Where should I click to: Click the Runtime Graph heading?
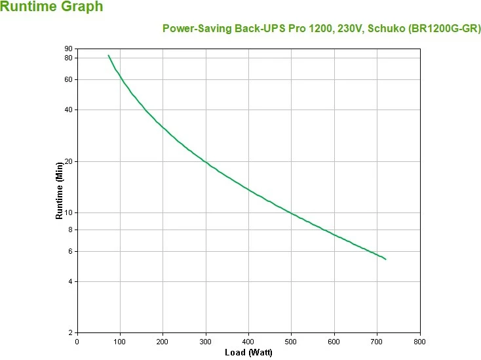coord(52,7)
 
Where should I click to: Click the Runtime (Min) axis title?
coord(59,191)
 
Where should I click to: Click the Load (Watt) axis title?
coord(248,353)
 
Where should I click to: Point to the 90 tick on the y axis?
coord(68,49)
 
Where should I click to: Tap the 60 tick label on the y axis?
coord(68,79)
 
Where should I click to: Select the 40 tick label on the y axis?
coord(68,110)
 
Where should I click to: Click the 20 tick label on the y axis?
coord(68,161)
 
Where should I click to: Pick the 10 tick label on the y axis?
coord(68,212)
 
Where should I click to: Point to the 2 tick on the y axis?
coord(70,332)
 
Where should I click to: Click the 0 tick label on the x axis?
coord(77,341)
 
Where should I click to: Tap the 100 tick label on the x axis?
coord(120,341)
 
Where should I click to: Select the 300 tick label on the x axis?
coord(206,341)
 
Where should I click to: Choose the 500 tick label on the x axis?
coord(292,341)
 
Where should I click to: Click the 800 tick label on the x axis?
coord(420,341)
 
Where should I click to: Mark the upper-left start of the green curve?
coord(109,55)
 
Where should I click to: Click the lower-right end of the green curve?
coord(385,259)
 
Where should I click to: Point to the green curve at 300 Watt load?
coord(206,161)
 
